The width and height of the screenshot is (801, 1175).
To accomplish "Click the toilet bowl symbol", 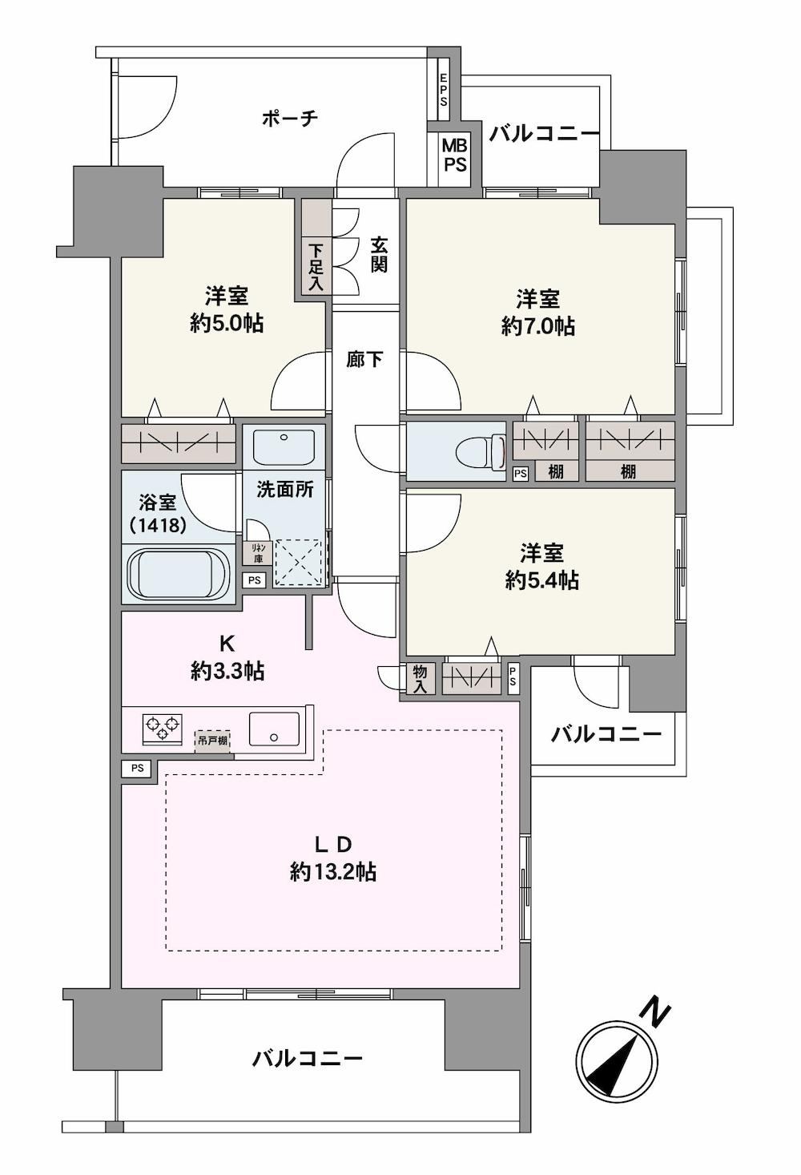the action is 480,450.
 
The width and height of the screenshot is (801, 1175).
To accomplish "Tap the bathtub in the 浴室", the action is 179,573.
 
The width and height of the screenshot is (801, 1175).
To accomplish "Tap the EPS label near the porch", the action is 444,90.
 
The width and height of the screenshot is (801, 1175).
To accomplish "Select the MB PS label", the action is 455,155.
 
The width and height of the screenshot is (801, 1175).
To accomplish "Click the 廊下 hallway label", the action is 364,359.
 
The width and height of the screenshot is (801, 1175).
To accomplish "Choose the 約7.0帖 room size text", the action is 537,327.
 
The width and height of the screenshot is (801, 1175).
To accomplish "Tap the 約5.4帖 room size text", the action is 542,580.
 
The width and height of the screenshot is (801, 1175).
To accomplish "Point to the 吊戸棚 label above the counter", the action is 212,741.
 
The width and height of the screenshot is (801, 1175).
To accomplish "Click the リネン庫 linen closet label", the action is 258,553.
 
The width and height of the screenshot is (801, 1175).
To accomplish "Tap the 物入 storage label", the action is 421,679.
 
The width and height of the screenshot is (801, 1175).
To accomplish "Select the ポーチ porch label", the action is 290,118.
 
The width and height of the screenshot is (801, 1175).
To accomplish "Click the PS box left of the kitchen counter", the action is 137,768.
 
